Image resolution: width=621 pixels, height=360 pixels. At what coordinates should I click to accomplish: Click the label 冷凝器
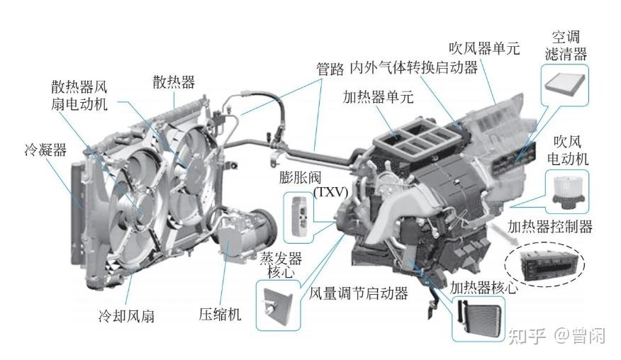click(45, 150)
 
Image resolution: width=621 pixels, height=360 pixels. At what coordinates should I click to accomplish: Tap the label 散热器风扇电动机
click(79, 96)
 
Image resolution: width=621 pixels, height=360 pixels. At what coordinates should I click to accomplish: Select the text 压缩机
click(220, 314)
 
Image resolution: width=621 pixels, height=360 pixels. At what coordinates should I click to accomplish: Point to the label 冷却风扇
click(126, 316)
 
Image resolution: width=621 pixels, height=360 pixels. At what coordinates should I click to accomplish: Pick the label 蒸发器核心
click(281, 265)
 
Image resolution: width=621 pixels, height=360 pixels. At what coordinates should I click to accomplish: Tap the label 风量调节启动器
click(359, 293)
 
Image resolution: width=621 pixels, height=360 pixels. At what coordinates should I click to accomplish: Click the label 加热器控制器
click(549, 227)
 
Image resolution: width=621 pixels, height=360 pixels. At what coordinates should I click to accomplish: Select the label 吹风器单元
click(484, 48)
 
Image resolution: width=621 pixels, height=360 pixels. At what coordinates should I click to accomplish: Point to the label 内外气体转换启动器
click(414, 68)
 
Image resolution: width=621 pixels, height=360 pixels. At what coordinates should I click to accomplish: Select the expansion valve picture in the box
click(299, 217)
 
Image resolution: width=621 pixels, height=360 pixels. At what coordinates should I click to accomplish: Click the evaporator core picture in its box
click(276, 305)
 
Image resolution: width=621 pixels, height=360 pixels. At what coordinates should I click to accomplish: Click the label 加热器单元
click(378, 96)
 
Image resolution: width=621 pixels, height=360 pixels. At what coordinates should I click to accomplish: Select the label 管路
click(330, 69)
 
